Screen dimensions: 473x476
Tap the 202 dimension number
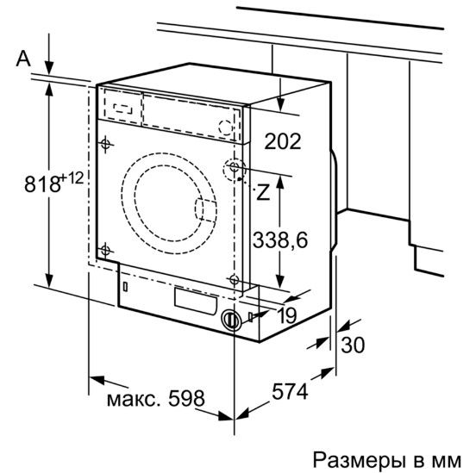coord(282,140)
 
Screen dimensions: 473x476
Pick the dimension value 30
coord(354,345)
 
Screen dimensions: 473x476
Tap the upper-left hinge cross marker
coord(105,143)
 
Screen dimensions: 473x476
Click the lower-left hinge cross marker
coord(105,250)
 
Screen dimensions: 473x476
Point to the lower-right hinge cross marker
coord(234,278)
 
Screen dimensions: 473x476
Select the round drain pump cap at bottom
coord(229,320)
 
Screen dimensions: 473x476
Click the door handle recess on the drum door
coord(205,210)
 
